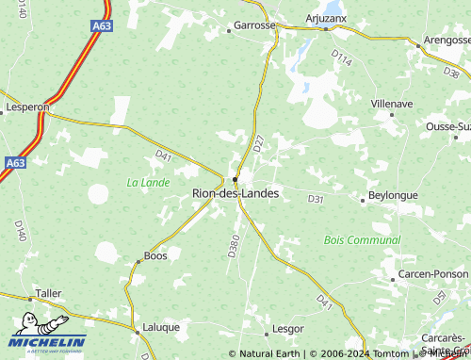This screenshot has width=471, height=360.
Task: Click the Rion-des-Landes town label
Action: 235,193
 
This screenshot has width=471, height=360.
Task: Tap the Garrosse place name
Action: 252,25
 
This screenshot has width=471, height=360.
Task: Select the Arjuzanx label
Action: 327,18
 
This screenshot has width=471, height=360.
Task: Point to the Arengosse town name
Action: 446,41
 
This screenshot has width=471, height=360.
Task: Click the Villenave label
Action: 393,102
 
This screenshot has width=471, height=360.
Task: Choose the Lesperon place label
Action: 26,107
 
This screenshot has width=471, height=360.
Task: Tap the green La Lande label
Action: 148,180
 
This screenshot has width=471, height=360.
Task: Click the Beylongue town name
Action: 393,194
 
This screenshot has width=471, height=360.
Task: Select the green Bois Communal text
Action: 362,240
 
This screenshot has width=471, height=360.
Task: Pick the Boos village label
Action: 154,255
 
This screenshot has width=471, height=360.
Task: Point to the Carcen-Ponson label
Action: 432,273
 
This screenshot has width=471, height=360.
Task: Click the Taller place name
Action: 48,293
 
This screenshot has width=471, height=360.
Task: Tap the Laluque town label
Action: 160,328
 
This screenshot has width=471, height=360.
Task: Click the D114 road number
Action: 341,60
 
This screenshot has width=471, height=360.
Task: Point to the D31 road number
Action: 316,199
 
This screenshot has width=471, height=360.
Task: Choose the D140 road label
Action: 19,229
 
